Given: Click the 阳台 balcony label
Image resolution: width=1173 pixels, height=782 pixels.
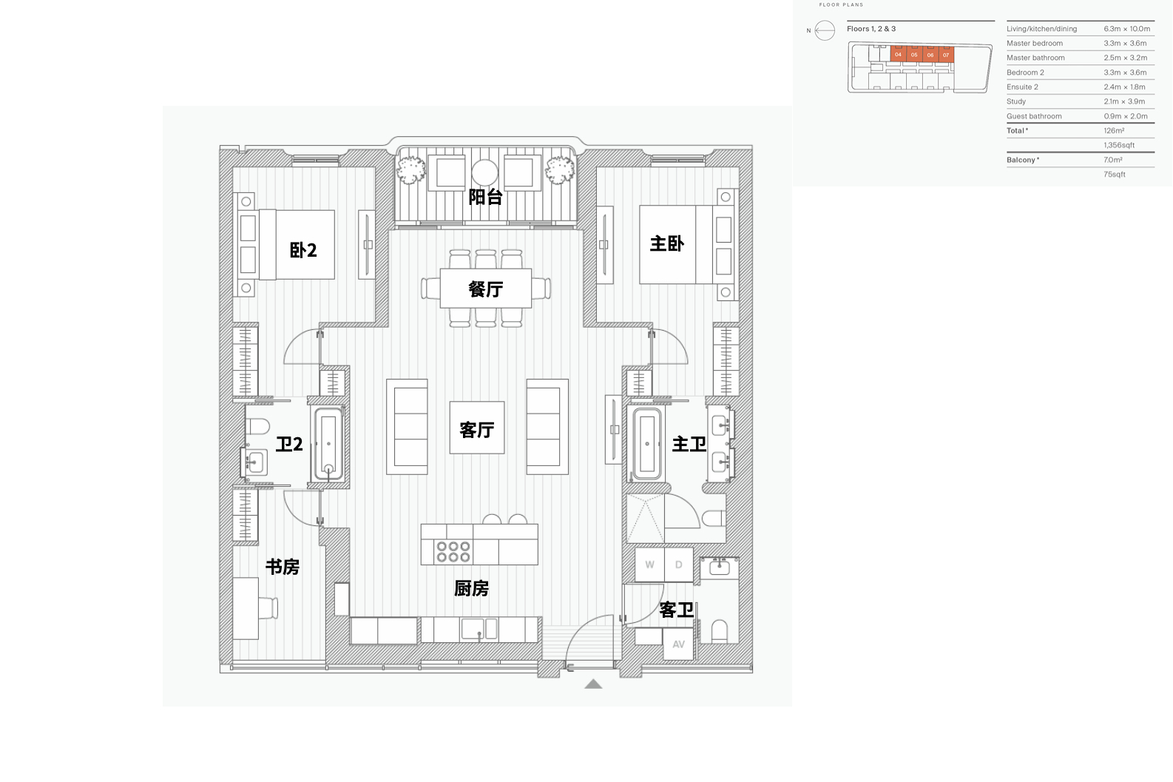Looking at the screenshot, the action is (x=485, y=197).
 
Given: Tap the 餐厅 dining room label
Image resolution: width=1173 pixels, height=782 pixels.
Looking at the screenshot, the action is (x=485, y=289).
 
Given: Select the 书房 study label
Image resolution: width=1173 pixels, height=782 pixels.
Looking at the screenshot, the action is (x=283, y=567).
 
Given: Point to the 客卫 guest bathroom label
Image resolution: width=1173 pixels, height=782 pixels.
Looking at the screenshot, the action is (x=676, y=610).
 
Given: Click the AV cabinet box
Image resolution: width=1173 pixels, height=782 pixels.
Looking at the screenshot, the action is (x=678, y=644).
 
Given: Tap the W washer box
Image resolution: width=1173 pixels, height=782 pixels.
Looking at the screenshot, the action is (x=649, y=564).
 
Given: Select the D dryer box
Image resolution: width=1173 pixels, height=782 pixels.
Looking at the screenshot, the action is (x=679, y=564).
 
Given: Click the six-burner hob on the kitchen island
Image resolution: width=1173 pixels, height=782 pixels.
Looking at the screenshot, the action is (x=453, y=551).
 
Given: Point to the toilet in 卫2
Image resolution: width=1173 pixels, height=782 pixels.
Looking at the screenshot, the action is (x=257, y=426).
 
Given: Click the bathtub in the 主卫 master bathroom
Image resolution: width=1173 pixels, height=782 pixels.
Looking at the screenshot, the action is (x=646, y=444).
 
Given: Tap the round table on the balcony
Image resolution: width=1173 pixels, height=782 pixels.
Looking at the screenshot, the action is (x=484, y=173).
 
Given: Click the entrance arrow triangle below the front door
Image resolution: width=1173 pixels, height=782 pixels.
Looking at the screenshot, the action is (x=593, y=684).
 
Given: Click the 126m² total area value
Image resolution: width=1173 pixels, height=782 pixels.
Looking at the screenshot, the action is (x=1114, y=130).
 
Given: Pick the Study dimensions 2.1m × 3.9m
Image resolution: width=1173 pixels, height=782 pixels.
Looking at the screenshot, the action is (x=1124, y=101).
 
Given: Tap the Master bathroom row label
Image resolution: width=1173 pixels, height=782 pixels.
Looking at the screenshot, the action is (x=1035, y=58).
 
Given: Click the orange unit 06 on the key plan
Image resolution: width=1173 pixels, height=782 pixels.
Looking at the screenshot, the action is (x=930, y=55).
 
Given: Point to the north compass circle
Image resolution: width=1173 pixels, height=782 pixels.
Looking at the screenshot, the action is (x=825, y=30).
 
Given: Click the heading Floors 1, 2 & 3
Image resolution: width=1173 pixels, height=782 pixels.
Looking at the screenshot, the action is (x=871, y=29).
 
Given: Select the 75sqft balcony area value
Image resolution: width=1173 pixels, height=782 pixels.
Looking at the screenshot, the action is (x=1115, y=175).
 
